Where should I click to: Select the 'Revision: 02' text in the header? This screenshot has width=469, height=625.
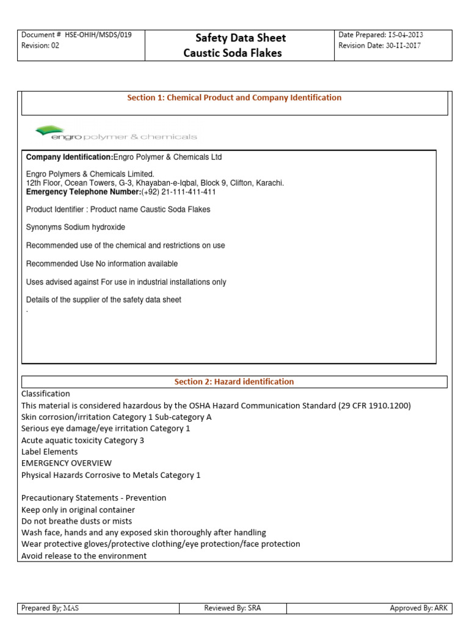pos(40,46)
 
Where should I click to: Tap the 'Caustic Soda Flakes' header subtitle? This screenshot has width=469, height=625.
pos(233,53)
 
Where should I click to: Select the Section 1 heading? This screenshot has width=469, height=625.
pos(234,98)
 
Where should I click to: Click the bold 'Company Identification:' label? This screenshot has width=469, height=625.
pos(70,157)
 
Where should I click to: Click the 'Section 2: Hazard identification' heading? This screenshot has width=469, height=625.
pos(234,381)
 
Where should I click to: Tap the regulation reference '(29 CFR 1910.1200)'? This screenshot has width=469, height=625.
pos(374,405)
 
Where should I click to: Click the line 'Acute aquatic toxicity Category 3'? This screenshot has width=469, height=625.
pos(82,440)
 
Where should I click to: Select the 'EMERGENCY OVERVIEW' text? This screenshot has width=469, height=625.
pos(67,463)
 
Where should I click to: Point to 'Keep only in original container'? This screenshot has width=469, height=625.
pos(78,510)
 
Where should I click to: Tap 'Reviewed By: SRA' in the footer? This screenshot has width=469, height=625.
pos(236,608)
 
